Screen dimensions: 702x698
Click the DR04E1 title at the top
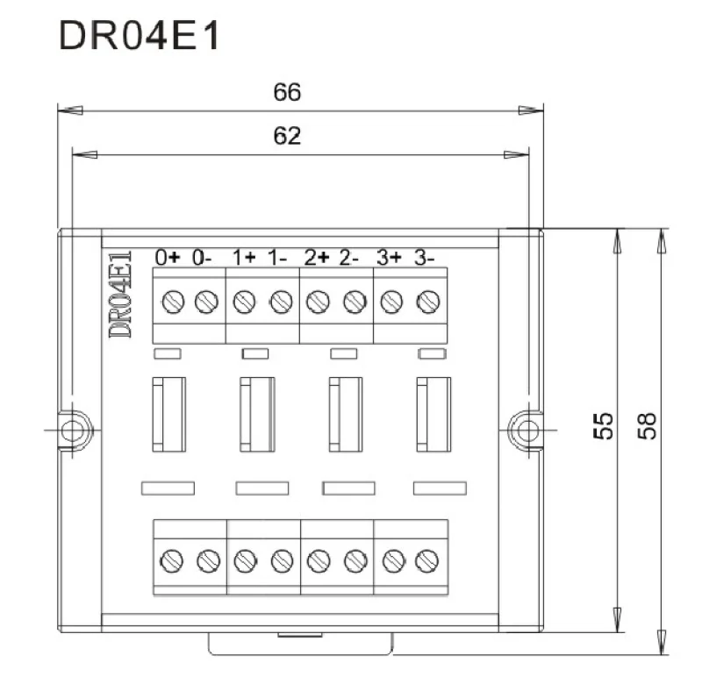[140, 35]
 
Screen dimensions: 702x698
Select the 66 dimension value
[287, 93]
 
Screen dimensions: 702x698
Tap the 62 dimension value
[287, 136]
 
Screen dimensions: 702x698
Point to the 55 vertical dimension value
[603, 426]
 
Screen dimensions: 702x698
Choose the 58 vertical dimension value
[647, 426]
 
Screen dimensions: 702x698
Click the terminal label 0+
[168, 258]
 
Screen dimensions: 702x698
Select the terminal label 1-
[277, 258]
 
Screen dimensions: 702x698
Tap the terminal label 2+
[317, 258]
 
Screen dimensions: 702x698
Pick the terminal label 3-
[424, 258]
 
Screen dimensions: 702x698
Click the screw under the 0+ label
[173, 301]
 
